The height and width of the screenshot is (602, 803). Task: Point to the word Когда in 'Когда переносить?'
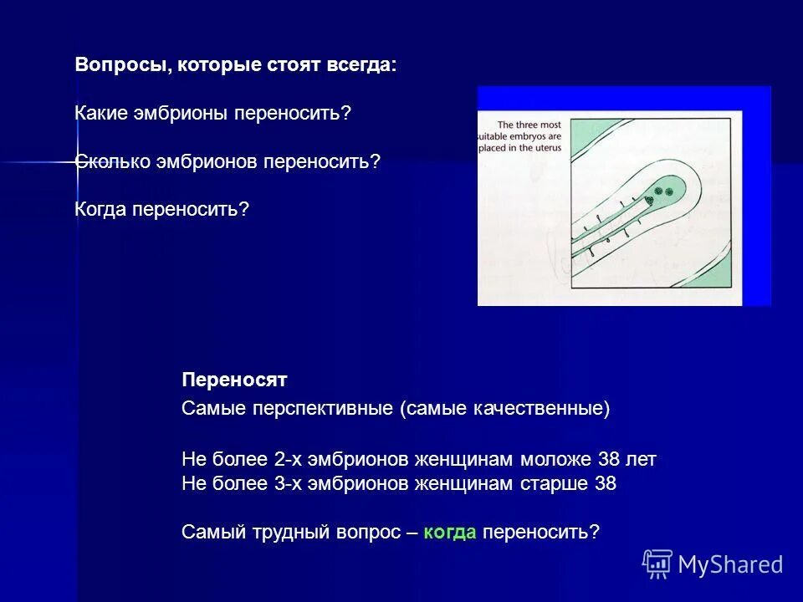100,208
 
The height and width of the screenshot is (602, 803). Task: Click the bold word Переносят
234,380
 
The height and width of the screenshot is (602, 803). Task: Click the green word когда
450,532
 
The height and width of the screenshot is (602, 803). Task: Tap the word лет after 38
640,459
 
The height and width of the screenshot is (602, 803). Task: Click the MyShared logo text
730,565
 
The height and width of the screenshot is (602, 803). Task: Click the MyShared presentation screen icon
657,564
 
